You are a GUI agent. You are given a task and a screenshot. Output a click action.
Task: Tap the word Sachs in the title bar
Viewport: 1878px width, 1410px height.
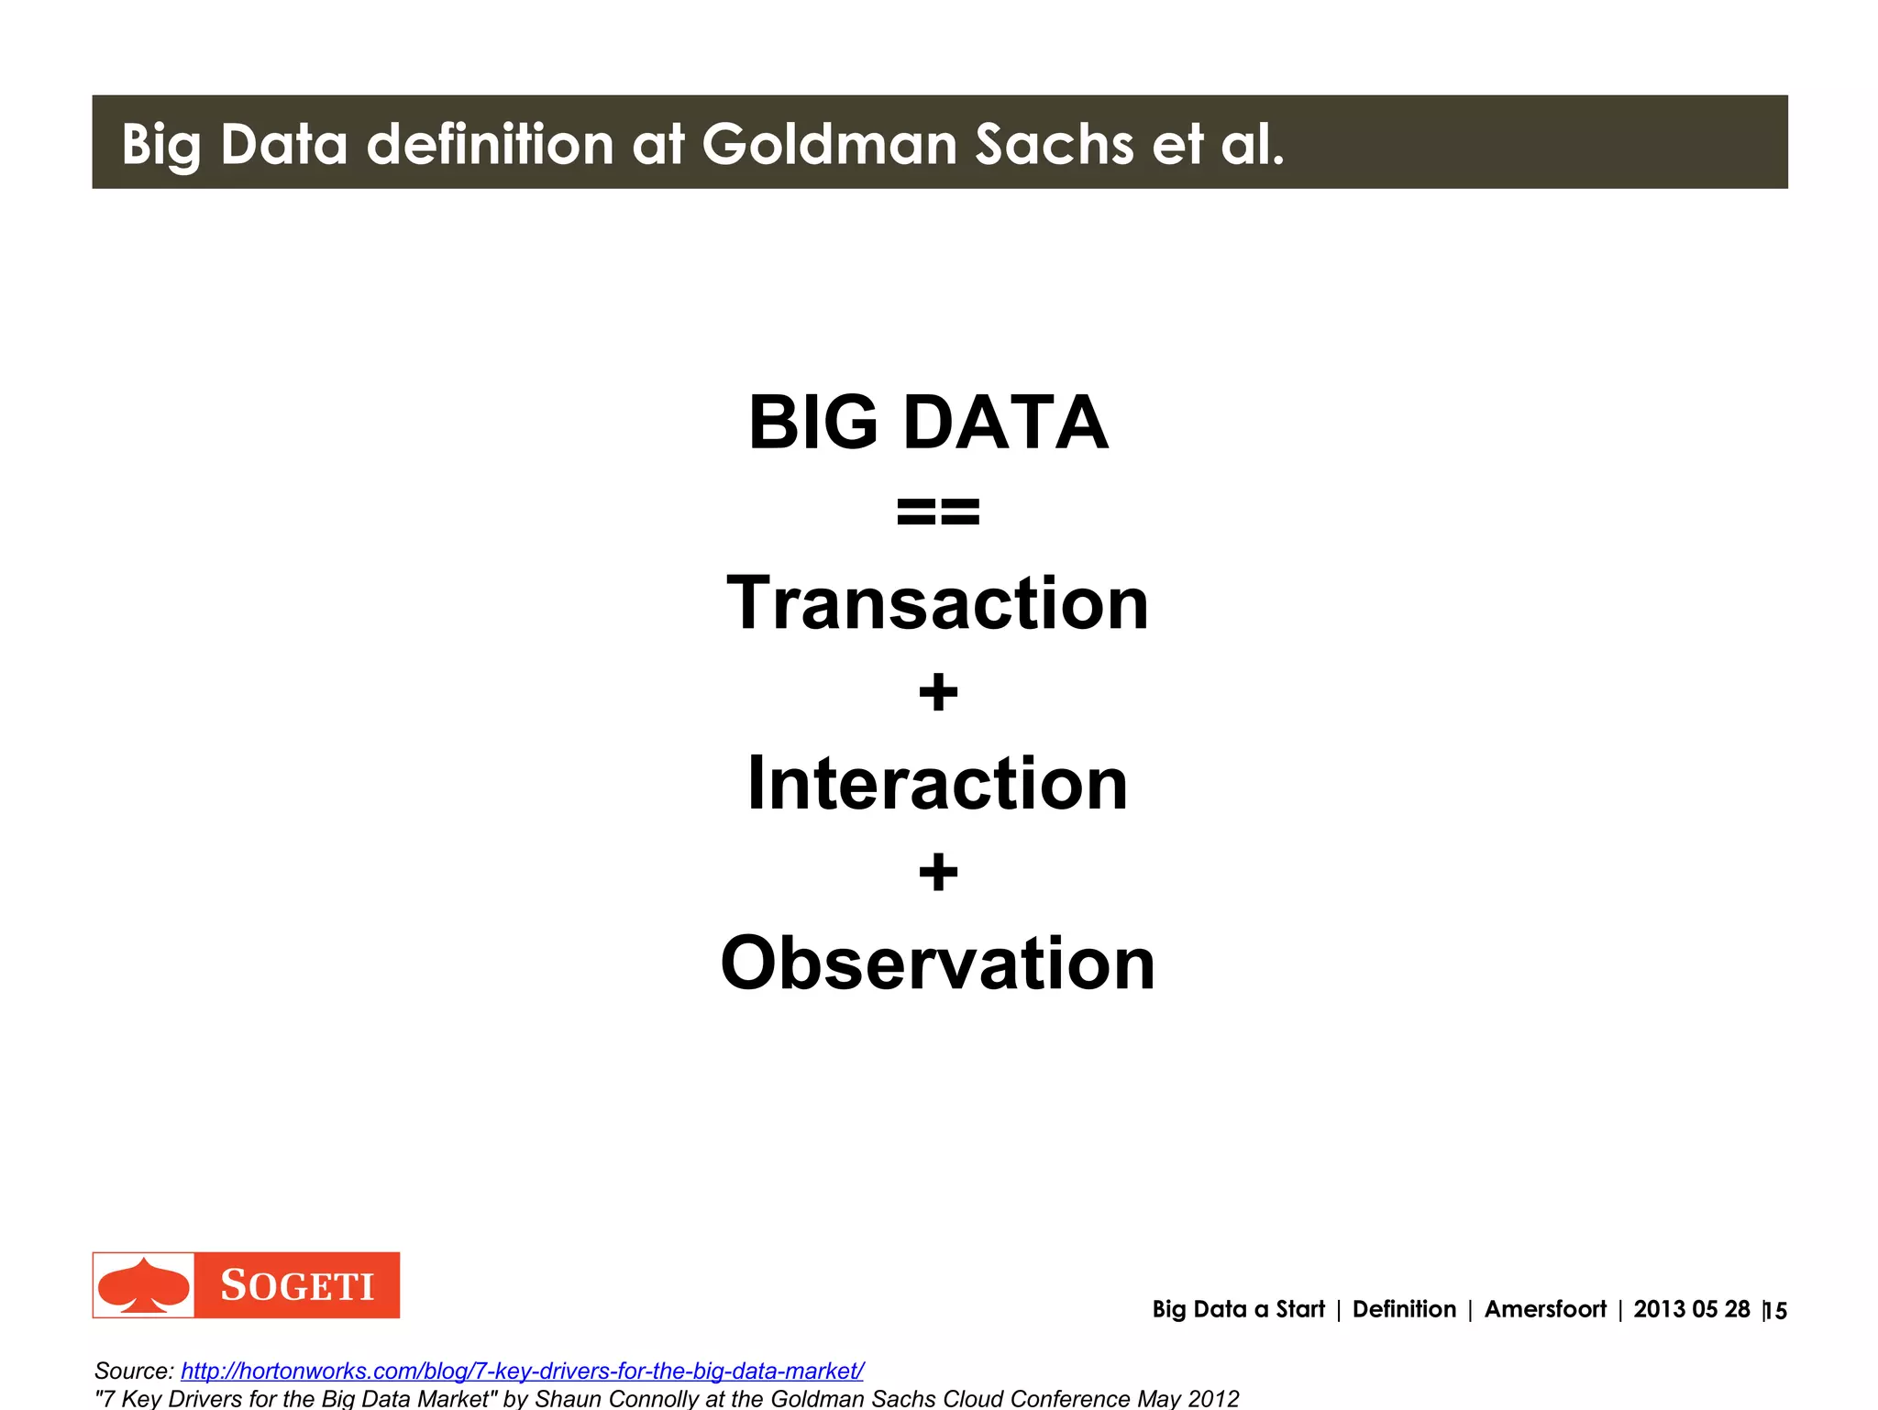[1055, 145]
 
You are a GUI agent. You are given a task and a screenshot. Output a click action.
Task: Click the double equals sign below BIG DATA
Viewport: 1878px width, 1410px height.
[938, 512]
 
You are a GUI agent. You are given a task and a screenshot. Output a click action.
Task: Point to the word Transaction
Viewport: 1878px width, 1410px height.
[937, 603]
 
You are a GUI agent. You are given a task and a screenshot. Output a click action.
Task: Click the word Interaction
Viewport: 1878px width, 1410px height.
[937, 784]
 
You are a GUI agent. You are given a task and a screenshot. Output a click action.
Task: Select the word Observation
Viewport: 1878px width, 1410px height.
[937, 964]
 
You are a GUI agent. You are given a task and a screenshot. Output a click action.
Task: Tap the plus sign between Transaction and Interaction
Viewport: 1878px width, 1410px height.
[938, 692]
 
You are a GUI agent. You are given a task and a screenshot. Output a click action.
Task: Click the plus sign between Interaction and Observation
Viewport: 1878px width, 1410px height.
[938, 872]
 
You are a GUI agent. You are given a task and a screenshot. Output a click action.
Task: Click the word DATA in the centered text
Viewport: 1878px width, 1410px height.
[1006, 423]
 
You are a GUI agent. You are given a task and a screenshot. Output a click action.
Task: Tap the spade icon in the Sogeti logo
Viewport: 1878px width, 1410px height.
[144, 1285]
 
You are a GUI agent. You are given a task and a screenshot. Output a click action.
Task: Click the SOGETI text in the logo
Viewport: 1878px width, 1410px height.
[297, 1286]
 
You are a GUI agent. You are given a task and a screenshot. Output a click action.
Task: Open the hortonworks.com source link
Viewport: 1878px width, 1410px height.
[522, 1371]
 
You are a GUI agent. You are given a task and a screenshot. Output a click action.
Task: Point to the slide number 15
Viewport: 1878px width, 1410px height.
[1776, 1311]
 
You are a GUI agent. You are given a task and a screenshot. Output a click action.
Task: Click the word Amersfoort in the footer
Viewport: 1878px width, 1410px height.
[1545, 1309]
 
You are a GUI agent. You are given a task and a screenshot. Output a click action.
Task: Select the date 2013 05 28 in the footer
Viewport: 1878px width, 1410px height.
[1691, 1309]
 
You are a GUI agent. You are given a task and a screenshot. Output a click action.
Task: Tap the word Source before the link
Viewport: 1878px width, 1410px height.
[132, 1371]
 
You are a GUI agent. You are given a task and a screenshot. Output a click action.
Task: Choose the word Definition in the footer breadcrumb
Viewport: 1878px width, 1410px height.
[1404, 1309]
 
